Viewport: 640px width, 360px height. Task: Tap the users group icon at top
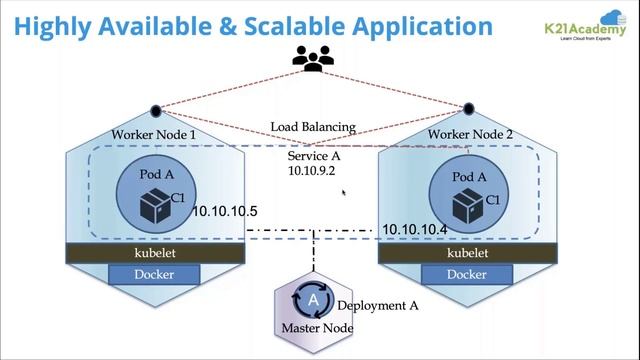click(312, 60)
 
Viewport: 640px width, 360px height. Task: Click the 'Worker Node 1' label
click(154, 134)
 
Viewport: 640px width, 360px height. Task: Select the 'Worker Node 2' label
click(467, 134)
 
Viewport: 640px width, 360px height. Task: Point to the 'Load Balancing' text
click(313, 127)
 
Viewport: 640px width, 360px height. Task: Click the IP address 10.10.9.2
click(311, 171)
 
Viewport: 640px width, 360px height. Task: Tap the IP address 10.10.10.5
click(226, 212)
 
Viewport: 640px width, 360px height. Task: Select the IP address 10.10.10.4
click(415, 229)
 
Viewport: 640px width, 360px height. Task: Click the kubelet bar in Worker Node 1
click(155, 254)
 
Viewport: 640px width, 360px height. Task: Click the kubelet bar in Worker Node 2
click(467, 254)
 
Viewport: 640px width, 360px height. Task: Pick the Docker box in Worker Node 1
click(155, 274)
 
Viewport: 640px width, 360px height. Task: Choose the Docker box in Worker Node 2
click(467, 274)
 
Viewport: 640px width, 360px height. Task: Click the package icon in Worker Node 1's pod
click(152, 204)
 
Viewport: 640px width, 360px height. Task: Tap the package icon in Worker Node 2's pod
click(466, 206)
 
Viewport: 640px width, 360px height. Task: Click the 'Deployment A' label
click(378, 306)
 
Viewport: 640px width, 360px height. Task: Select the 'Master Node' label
click(317, 327)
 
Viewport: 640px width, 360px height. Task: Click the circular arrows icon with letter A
click(313, 299)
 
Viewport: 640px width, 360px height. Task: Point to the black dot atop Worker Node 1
click(155, 111)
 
